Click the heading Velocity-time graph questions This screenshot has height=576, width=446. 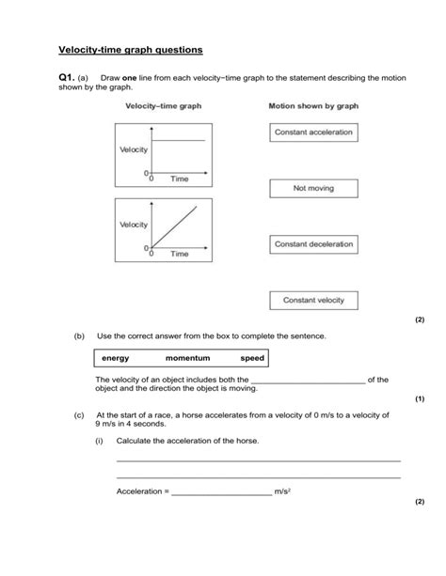tap(131, 48)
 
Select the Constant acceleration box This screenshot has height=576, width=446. tap(313, 132)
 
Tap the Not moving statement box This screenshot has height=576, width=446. tap(313, 188)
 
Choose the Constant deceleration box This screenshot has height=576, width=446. tap(313, 244)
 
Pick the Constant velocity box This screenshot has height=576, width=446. tap(313, 301)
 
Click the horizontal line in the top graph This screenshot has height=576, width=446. tap(179, 140)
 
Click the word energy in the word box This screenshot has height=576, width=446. tap(118, 358)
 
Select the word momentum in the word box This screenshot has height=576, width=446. tap(188, 358)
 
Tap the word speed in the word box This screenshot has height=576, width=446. tap(252, 358)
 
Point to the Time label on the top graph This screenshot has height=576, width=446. tap(179, 179)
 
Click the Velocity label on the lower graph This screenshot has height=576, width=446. tap(133, 225)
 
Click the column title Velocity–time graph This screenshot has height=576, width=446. tap(164, 107)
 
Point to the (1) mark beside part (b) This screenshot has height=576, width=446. tap(420, 398)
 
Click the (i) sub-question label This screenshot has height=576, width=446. tap(100, 440)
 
